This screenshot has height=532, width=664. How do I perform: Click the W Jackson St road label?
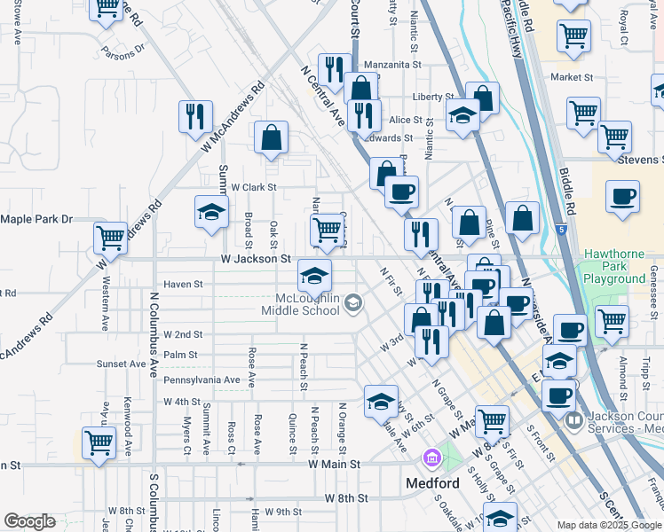click(x=256, y=259)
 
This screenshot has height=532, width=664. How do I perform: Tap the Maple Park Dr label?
click(x=36, y=219)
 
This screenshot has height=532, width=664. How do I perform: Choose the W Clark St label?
click(x=254, y=188)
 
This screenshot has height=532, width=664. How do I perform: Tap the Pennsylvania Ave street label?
click(x=202, y=380)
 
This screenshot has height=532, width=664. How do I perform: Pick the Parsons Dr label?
click(x=123, y=51)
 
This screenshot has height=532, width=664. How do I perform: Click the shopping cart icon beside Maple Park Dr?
click(x=111, y=239)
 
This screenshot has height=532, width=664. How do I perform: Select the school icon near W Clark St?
click(x=211, y=213)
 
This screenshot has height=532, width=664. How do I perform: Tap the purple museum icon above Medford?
click(x=431, y=458)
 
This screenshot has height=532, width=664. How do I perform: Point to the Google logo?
click(x=29, y=521)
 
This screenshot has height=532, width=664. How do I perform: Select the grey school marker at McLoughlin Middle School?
click(x=353, y=304)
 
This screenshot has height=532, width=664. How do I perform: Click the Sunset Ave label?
click(x=121, y=364)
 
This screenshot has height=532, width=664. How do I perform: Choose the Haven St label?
click(x=184, y=285)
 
